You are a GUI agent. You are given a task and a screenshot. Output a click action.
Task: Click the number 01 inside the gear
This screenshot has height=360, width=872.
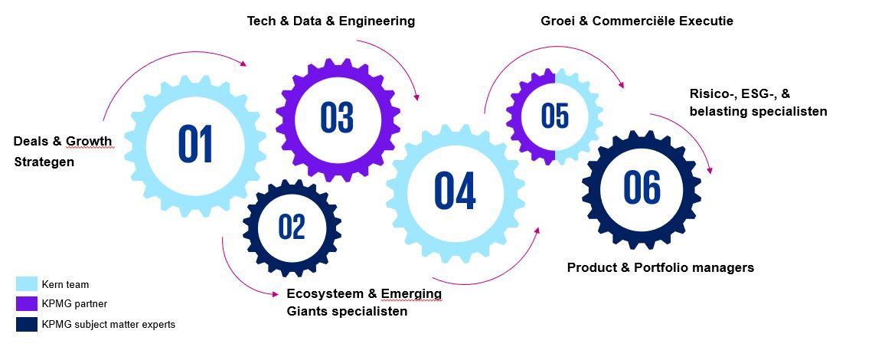(x=195, y=144)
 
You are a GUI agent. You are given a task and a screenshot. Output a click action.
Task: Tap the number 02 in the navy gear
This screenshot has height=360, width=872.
(x=292, y=227)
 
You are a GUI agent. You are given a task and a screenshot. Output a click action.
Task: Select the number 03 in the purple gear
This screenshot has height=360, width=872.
(x=336, y=117)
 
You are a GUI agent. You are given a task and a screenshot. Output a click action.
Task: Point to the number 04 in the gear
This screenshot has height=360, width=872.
(x=455, y=191)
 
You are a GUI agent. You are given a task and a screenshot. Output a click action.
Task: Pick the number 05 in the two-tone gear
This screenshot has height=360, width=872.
(x=555, y=116)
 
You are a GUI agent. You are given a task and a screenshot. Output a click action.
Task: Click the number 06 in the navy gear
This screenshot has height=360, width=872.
(x=642, y=188)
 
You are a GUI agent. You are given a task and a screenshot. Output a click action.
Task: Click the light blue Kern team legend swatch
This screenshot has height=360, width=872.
(x=27, y=284)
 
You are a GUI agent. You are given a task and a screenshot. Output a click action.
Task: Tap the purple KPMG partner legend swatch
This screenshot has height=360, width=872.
(x=27, y=304)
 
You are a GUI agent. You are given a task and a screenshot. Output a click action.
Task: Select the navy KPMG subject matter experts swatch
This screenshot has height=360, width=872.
(x=27, y=324)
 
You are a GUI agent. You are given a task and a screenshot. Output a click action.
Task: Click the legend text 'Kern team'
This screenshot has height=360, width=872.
(x=65, y=284)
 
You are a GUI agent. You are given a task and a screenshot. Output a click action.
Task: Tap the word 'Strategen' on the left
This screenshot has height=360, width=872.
(x=44, y=162)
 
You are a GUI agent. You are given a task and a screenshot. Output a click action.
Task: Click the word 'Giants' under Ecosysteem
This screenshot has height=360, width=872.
(x=308, y=312)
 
